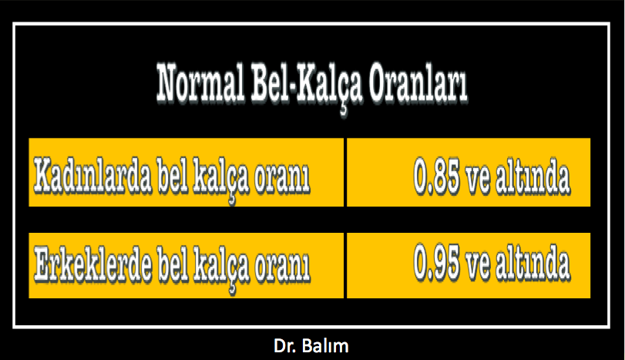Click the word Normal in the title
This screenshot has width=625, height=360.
click(x=200, y=84)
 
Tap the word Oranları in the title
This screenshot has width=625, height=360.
click(x=418, y=84)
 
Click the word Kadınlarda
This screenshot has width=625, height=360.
click(x=92, y=176)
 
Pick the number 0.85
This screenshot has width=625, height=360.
click(x=436, y=177)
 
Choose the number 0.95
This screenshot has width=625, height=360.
click(x=436, y=263)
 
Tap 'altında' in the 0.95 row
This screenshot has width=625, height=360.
click(x=533, y=264)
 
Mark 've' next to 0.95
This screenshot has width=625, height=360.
click(x=478, y=268)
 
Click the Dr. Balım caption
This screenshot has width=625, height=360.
click(x=311, y=346)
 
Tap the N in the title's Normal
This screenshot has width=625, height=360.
click(x=171, y=83)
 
